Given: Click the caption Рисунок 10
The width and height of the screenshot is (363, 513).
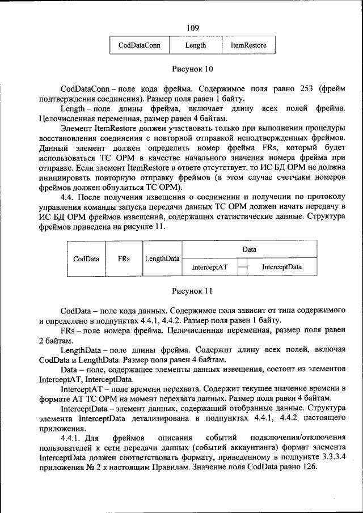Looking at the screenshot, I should [x=192, y=69].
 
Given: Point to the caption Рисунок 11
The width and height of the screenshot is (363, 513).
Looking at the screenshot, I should [x=192, y=291].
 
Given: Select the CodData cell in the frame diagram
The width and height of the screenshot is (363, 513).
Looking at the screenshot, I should [x=86, y=258].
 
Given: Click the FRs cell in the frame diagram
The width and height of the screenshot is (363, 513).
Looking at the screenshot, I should [x=124, y=258].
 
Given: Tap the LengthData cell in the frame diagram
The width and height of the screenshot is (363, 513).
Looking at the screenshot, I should [x=162, y=258].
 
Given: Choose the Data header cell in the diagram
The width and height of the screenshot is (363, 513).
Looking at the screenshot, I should [x=249, y=249].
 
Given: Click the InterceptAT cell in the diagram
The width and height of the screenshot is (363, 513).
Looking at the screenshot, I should [x=209, y=266].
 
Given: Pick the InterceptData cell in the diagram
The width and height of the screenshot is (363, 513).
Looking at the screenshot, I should [x=281, y=266].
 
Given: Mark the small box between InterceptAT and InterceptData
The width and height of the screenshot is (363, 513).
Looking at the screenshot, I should [x=243, y=266].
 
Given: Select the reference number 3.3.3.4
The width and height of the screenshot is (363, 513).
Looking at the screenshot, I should [x=331, y=457].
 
